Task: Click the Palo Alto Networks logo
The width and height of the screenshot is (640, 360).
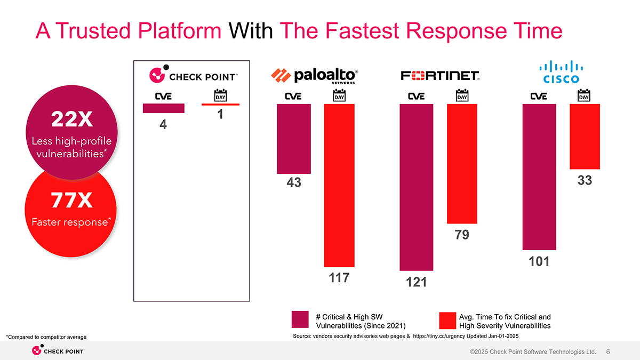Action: pos(314,76)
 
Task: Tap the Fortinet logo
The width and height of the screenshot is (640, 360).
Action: pos(440,76)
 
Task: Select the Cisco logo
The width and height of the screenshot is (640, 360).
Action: pos(561,71)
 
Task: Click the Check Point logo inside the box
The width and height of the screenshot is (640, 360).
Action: pos(194,74)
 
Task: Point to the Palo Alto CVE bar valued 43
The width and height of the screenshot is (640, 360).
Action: pos(294,139)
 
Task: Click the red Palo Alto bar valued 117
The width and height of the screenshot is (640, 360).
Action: pos(339,186)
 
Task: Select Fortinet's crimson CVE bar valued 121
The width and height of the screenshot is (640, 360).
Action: pos(417,187)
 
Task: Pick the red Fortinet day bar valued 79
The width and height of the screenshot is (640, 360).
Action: pos(462,164)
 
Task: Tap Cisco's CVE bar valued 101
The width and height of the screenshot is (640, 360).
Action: pos(539,177)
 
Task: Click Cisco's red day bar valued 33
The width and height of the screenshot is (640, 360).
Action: pos(585,137)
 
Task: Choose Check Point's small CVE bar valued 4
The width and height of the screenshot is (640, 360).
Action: pos(163,108)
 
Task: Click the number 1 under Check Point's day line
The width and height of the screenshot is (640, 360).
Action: pos(220,114)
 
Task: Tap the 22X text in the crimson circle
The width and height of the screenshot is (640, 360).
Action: pos(71,119)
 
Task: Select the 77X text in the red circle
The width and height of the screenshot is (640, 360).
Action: pos(71,200)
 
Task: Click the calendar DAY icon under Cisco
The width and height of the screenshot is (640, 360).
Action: pos(583,95)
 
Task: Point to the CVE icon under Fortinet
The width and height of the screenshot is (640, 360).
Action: pos(417,97)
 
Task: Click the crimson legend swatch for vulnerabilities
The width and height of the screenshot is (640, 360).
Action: pos(300,319)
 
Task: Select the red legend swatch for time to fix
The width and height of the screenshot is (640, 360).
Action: pos(447,321)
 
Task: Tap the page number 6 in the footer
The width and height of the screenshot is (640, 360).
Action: pos(608,351)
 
